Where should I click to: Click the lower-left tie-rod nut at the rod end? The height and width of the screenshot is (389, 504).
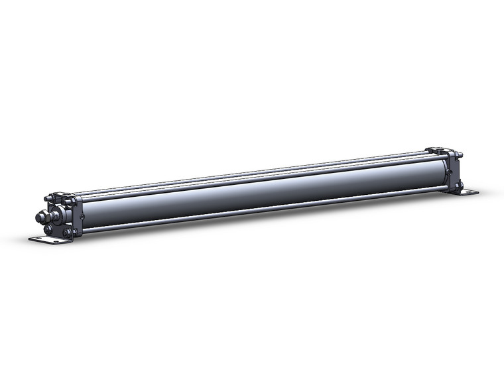tap(48, 229)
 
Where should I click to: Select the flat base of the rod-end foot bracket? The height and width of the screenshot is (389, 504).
tap(48, 240)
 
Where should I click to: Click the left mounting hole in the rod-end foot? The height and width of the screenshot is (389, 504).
tap(38, 239)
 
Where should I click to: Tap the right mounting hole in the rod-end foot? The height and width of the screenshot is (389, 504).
tap(56, 241)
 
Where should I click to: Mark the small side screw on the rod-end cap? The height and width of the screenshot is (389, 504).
tap(82, 216)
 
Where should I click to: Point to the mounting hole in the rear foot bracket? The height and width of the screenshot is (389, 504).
tap(470, 192)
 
